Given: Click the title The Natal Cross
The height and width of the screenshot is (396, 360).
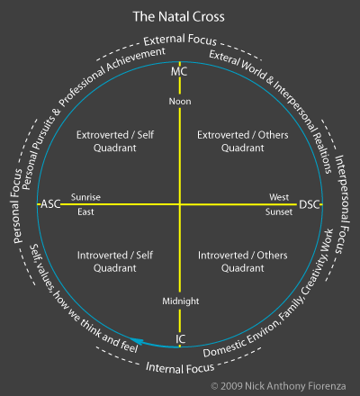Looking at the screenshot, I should pyautogui.click(x=180, y=16).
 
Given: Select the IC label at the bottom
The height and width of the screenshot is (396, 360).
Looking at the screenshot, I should pyautogui.click(x=180, y=339).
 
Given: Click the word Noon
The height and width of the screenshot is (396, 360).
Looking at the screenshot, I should pyautogui.click(x=180, y=101).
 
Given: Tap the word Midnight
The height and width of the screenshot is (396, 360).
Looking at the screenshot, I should pyautogui.click(x=180, y=301).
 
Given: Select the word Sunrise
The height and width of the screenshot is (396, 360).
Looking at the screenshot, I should pyautogui.click(x=87, y=196).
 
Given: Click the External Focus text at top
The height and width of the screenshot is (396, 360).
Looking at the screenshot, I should pyautogui.click(x=180, y=41).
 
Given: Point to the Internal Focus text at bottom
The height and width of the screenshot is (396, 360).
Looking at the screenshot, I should pyautogui.click(x=180, y=367).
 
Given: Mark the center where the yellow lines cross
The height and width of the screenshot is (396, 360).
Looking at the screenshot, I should pyautogui.click(x=180, y=205).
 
